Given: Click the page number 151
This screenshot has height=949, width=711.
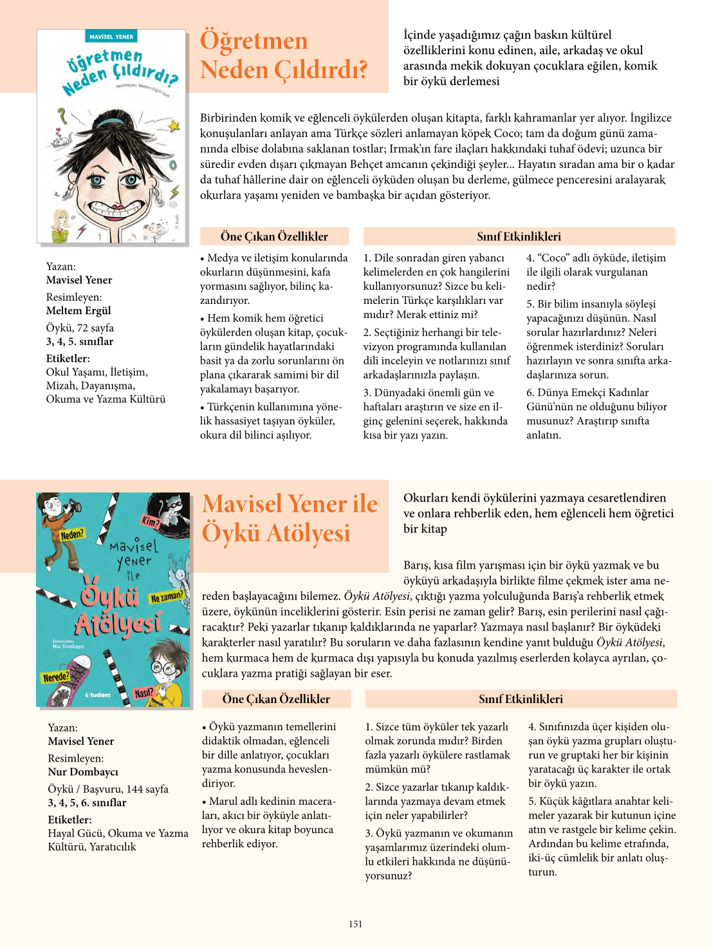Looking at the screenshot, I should pos(355,924).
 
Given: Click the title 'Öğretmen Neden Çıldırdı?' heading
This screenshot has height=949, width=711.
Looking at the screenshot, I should pos(283,55).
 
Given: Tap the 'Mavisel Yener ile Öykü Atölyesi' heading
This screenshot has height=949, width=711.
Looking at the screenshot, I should pos(290,518).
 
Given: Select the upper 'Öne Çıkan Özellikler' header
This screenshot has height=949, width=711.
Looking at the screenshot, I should pos(274,236).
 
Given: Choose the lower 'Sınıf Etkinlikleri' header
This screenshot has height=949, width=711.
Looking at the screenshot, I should pos(521,699).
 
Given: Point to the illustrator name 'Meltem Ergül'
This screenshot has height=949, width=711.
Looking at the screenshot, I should pos(78,310).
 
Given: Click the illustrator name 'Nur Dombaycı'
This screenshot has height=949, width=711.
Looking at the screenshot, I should pos(83,771).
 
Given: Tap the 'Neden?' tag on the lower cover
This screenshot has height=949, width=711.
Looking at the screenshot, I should pos(72,534).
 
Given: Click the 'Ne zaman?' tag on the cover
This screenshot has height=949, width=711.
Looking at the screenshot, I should pos(167,597).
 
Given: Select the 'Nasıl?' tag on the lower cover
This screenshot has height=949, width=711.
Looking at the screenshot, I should pos(143,693).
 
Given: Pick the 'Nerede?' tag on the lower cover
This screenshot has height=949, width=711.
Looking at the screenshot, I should pos(56,677).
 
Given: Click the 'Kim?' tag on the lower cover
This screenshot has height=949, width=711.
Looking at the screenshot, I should pos(151,521).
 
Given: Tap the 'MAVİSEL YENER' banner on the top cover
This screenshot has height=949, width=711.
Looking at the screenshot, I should pos(111,37).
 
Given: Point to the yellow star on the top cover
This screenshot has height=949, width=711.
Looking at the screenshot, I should pos(173,125).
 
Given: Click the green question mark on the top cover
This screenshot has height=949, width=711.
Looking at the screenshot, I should pos(62,115).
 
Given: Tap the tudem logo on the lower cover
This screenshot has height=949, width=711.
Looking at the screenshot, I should pos(98,695).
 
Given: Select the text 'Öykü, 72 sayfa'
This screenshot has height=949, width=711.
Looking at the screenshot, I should pos(80,328).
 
